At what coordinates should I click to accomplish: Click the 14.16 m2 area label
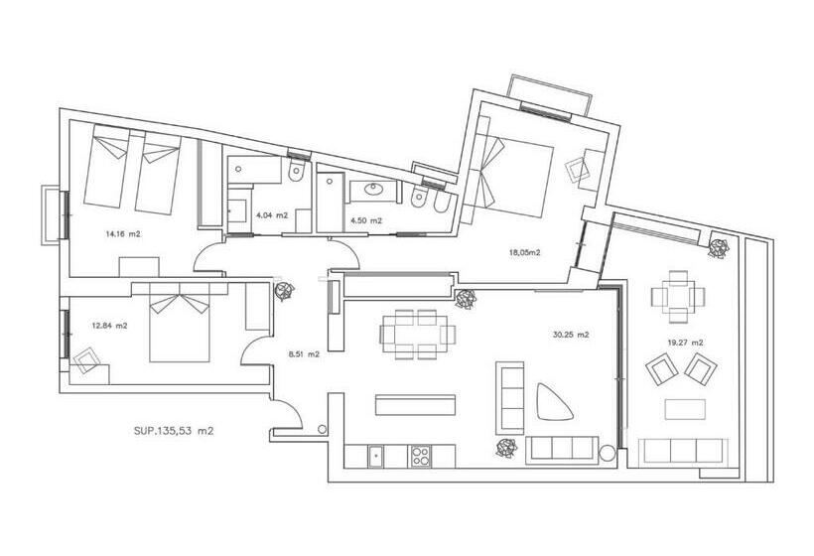[123, 234]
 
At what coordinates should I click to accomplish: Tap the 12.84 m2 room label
[109, 326]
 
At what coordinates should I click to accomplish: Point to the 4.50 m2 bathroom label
[366, 220]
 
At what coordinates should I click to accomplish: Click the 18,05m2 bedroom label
[525, 253]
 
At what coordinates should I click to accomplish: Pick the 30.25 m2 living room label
[571, 335]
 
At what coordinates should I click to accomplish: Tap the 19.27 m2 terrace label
[685, 343]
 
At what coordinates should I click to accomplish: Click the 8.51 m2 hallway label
[304, 354]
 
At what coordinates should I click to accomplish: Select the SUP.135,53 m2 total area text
[174, 430]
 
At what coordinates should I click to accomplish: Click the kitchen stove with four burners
[421, 457]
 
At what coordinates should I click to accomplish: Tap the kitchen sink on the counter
[376, 457]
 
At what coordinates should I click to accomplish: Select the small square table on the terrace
[678, 297]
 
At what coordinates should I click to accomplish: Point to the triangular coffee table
[553, 402]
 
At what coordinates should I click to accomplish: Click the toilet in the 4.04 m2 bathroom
[296, 169]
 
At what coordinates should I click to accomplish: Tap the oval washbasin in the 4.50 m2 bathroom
[373, 190]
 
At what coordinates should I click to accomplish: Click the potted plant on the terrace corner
[719, 247]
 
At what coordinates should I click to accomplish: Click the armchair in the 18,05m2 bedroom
[578, 169]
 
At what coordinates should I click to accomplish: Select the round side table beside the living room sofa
[607, 453]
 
